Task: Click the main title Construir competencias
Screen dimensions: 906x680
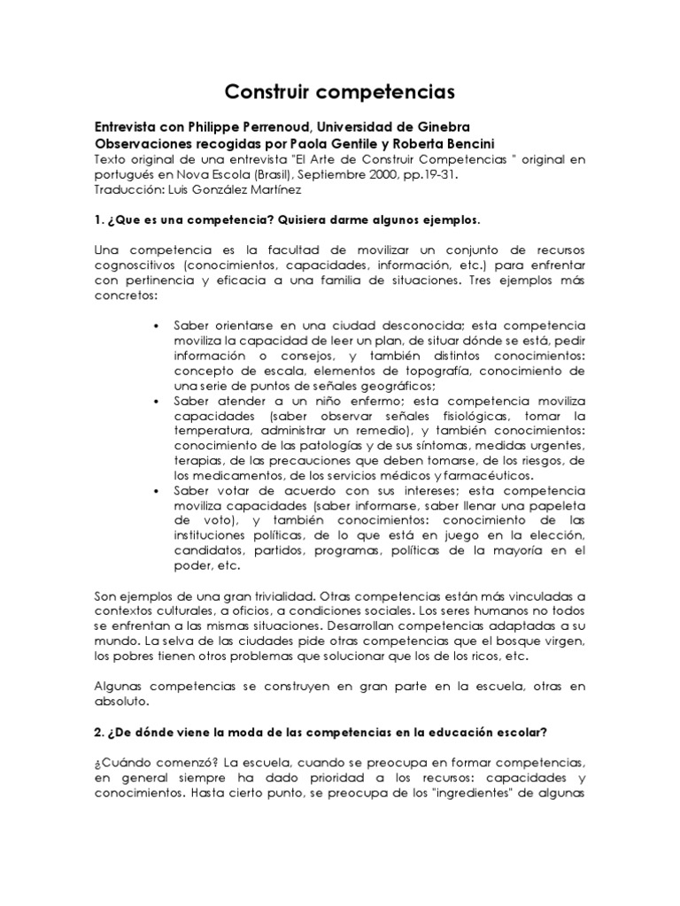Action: tap(340, 91)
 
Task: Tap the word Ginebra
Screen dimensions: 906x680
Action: tap(434, 128)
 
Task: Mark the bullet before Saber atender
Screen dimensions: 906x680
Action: tap(156, 401)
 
